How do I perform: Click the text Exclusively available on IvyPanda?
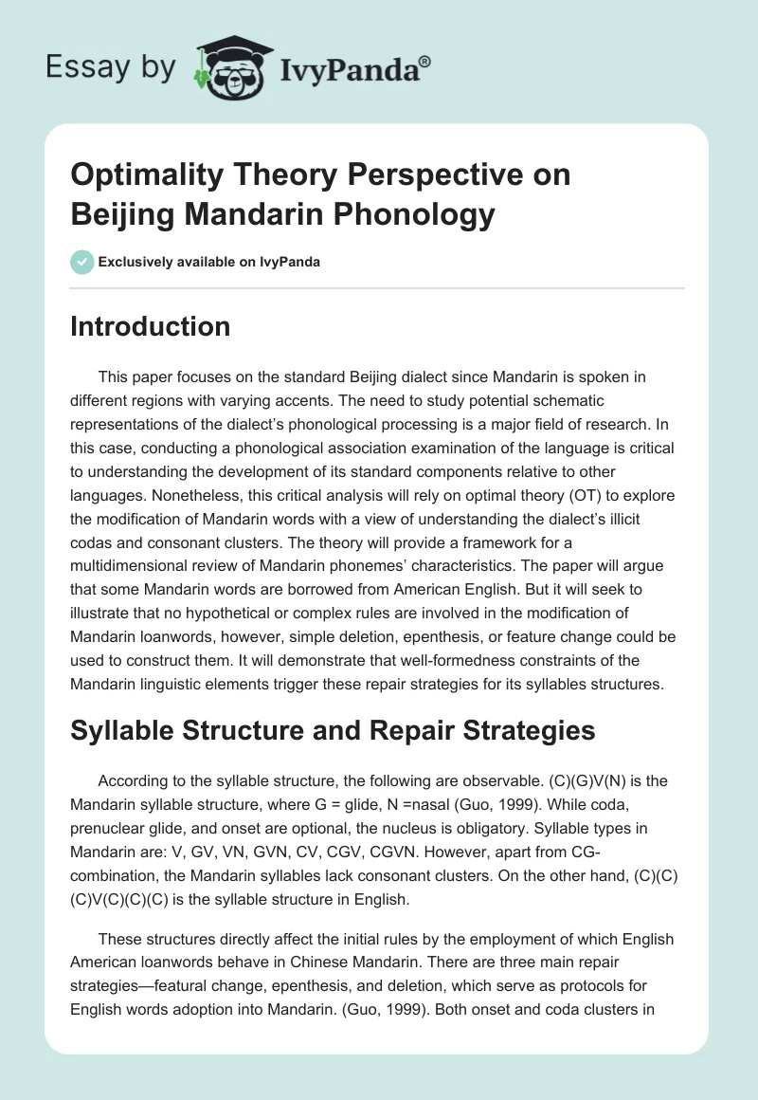(x=209, y=262)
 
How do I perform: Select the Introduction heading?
(x=151, y=326)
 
